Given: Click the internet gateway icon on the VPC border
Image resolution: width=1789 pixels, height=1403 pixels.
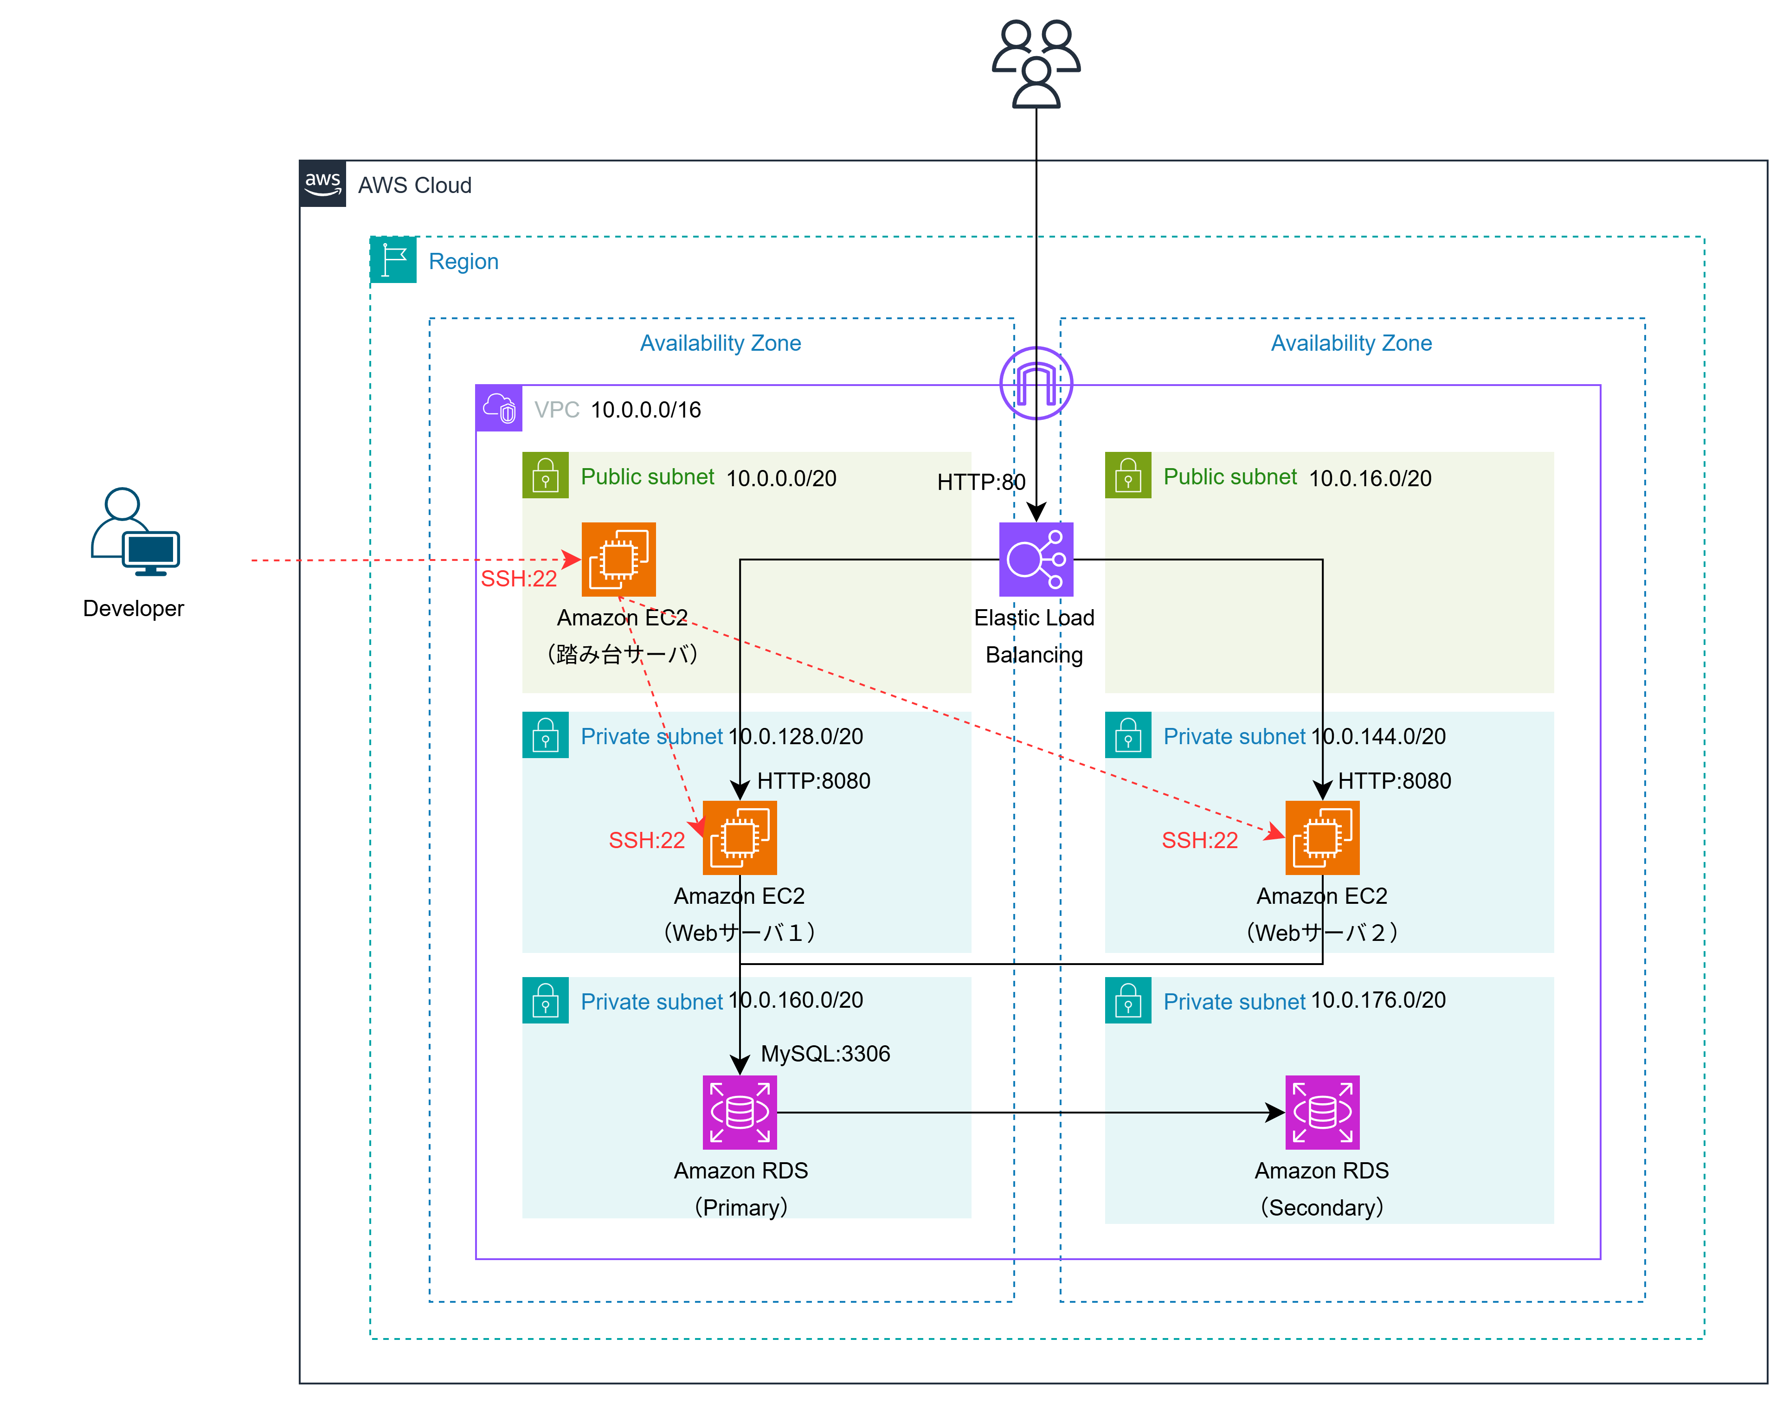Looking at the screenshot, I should (1036, 383).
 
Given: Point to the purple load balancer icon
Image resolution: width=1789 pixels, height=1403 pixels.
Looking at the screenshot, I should (1036, 560).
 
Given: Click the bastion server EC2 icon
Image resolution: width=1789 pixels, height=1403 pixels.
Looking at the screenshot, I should (618, 560).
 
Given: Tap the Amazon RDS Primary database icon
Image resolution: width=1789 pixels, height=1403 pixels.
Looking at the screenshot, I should (739, 1112).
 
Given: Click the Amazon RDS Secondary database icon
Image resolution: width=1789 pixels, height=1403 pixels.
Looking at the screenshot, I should (1322, 1112).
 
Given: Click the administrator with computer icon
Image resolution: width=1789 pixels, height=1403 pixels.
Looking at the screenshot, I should (135, 532).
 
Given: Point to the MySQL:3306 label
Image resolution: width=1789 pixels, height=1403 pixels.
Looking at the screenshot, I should (825, 1053).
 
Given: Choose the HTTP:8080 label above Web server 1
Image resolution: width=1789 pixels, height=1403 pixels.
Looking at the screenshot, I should (813, 780).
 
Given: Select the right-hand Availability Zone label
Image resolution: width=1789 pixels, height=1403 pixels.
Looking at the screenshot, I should (1351, 343).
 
